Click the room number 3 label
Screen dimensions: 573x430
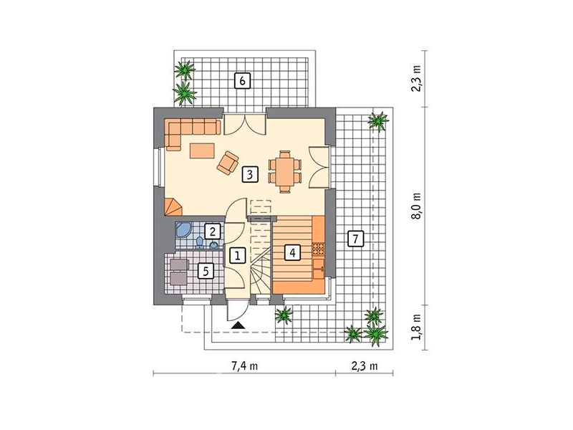pos(249,174)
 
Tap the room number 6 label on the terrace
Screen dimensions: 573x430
pos(242,80)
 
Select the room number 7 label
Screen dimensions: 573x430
pos(356,239)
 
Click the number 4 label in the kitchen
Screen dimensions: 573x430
pos(292,252)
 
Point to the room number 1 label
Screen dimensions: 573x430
pos(238,255)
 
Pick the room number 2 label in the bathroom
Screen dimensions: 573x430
pos(212,231)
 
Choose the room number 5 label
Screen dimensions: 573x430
pos(206,272)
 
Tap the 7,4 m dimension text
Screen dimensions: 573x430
pos(244,365)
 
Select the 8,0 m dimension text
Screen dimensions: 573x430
pos(417,206)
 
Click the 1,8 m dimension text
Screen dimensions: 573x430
pos(417,327)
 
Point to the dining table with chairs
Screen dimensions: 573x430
pos(285,171)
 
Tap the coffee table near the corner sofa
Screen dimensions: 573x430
pos(202,150)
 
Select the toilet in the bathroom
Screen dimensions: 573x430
pos(200,242)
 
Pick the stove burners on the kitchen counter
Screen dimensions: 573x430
pos(318,249)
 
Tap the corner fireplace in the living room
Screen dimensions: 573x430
pos(173,206)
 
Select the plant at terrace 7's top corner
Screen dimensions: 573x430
pos(378,120)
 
